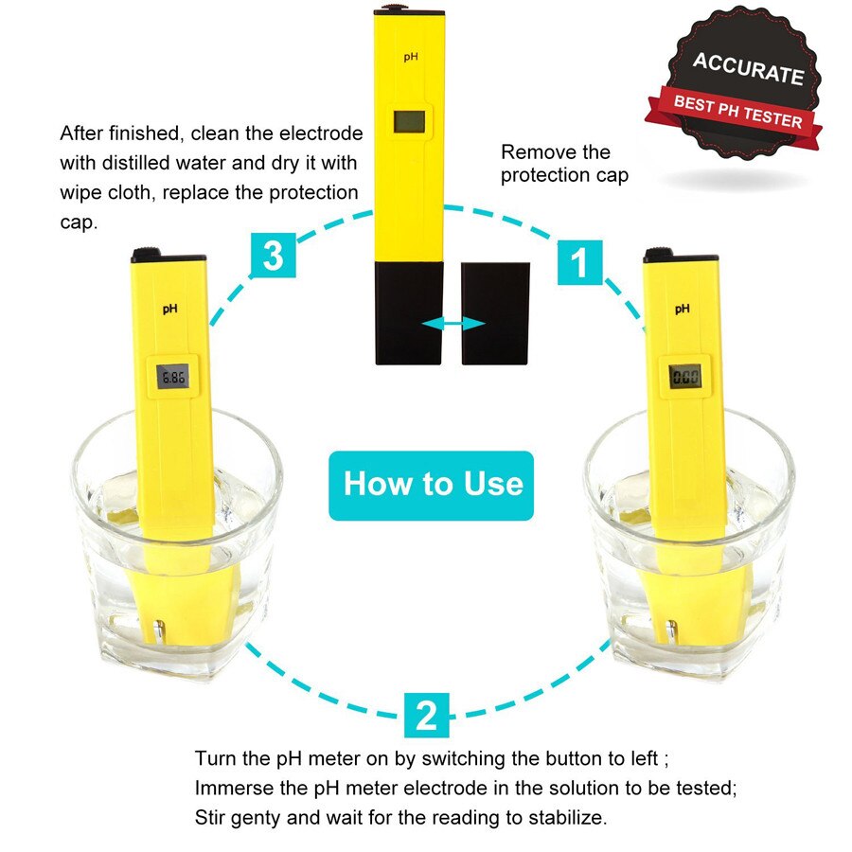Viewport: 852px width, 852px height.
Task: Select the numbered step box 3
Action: point(273,257)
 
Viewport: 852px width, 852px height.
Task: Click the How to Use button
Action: point(432,485)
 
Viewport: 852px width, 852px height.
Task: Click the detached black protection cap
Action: point(495,312)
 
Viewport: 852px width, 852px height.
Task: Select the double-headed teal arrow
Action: point(453,324)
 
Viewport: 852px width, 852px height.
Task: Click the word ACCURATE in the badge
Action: point(748,69)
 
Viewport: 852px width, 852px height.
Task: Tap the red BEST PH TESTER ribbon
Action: point(737,112)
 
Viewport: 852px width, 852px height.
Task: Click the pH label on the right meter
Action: point(682,308)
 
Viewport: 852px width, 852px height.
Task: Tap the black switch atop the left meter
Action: point(146,252)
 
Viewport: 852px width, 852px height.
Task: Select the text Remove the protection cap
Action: point(564,163)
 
